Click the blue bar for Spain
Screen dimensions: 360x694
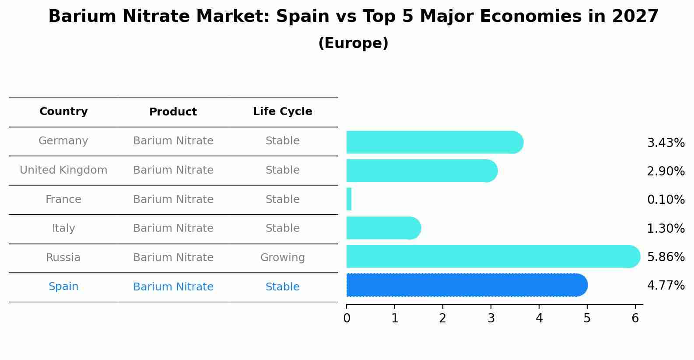tap(466, 285)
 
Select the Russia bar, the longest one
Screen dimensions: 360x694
tap(492, 256)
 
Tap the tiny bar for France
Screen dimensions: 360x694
tap(349, 199)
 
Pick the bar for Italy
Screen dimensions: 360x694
tap(383, 228)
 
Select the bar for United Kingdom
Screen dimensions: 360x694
tap(421, 171)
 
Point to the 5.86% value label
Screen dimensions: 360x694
tap(666, 257)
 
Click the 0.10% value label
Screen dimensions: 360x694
tap(666, 200)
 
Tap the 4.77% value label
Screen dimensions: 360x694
tap(666, 286)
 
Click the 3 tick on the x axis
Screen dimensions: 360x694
tap(491, 318)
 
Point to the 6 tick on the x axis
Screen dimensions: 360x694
tap(635, 318)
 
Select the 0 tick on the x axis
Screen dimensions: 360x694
tap(347, 318)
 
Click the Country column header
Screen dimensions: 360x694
tap(63, 112)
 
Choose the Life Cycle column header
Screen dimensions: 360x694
tap(282, 112)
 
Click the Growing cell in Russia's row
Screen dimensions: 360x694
tap(282, 258)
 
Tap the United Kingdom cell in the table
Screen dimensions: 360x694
tap(63, 170)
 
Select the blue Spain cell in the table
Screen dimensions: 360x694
tap(63, 287)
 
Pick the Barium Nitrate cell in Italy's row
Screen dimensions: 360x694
tap(173, 228)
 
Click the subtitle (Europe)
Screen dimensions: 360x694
tap(353, 43)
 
